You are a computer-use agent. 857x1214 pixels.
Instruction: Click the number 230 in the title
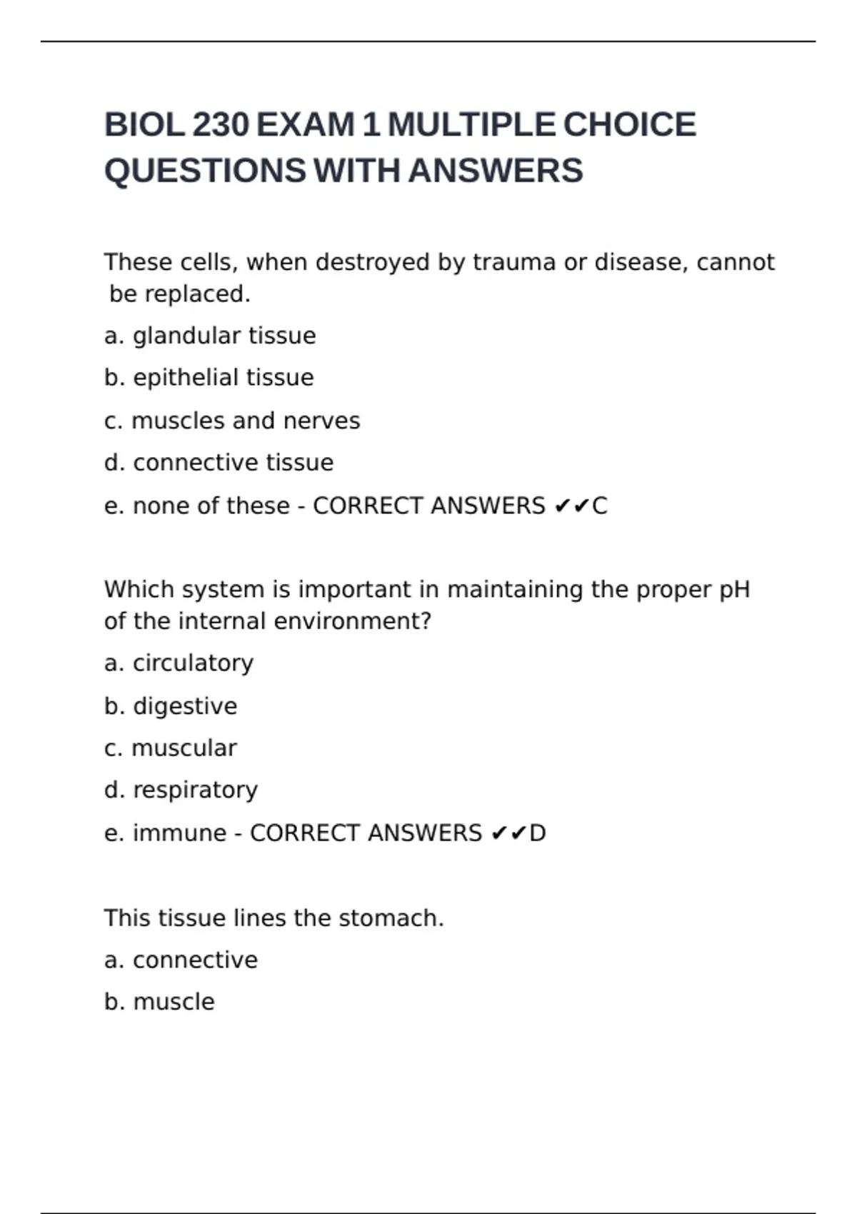tap(221, 125)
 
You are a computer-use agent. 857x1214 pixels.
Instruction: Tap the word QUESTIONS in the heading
tap(205, 171)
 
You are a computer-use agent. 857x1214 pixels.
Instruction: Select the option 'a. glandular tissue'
tap(210, 336)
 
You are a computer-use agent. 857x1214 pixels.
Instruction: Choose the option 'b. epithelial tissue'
tap(209, 378)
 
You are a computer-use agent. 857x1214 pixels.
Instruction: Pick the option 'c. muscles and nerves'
tap(232, 421)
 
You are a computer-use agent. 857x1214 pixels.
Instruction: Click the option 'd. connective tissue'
tap(219, 463)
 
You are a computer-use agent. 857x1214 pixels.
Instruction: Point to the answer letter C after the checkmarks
tap(600, 506)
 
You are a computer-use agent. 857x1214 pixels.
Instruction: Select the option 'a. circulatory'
tap(179, 663)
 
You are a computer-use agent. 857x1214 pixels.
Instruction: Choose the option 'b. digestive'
tap(171, 706)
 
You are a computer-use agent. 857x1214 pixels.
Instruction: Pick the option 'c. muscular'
tap(170, 748)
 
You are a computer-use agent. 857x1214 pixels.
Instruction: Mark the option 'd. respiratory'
tap(181, 791)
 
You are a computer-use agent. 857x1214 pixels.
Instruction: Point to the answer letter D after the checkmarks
tap(538, 833)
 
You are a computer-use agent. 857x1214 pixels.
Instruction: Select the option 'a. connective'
tap(181, 960)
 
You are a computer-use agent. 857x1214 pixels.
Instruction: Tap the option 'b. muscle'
tap(159, 1003)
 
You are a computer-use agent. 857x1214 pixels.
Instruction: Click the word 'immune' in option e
tap(179, 833)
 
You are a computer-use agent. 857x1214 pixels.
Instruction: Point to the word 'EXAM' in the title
tap(305, 125)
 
